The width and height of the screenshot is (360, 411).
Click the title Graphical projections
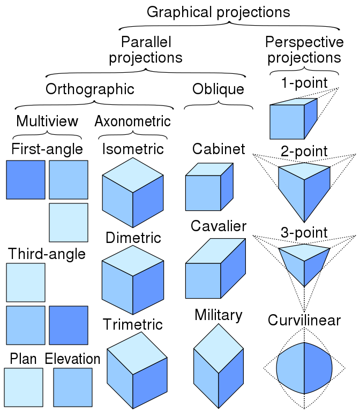coord(218,12)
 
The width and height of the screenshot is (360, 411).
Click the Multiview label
coord(47,121)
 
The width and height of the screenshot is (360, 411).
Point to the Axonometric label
coord(132,121)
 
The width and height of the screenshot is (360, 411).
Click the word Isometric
coord(133,148)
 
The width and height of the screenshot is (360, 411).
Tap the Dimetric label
coord(133,238)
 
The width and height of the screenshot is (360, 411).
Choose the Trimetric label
coord(133,324)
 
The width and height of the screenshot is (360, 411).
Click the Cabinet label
coord(219,148)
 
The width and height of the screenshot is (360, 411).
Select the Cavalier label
coord(219,226)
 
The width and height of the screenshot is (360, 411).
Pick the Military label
coord(219,315)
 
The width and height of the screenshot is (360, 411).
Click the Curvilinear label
coord(304,320)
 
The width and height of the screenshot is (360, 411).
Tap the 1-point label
coord(304,83)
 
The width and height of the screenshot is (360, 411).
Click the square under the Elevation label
coord(73,387)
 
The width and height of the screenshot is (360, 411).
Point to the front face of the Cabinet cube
coord(203,193)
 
